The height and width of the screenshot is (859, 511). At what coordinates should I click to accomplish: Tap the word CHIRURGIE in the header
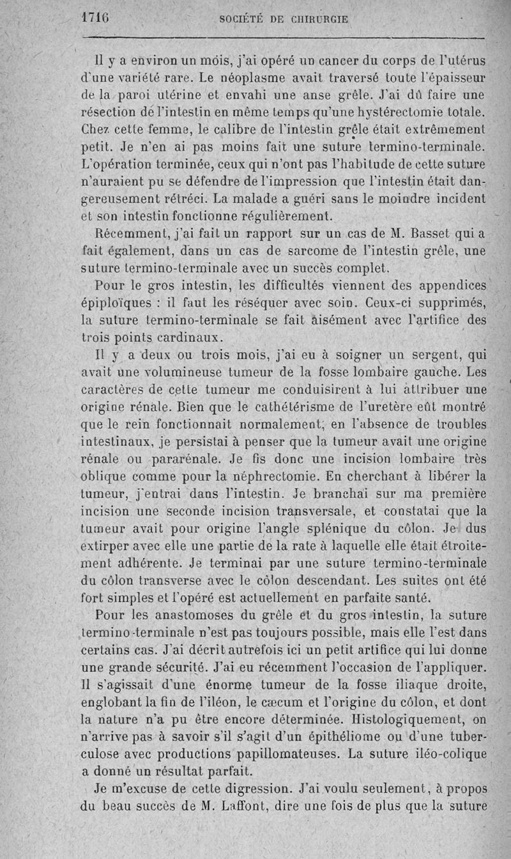pyautogui.click(x=320, y=19)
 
